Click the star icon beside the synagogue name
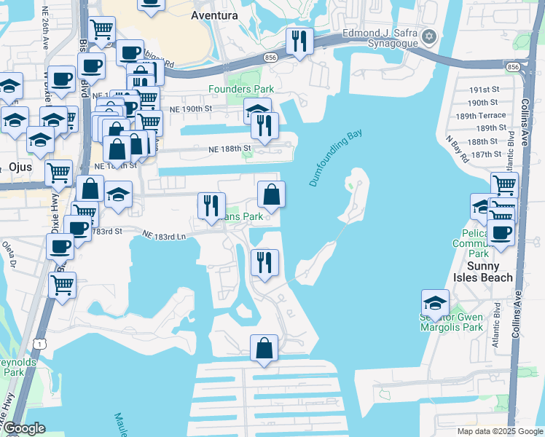click(429, 36)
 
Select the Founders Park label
click(240, 89)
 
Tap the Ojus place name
click(12, 159)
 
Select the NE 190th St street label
click(188, 108)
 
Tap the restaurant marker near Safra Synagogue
click(299, 41)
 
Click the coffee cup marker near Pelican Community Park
click(500, 232)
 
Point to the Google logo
click(24, 428)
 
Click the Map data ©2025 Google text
click(500, 431)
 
